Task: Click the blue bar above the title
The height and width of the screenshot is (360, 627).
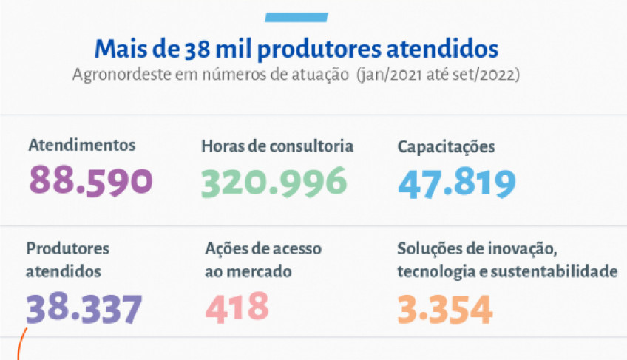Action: coord(296,17)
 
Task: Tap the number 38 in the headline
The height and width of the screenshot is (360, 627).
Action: coord(195,50)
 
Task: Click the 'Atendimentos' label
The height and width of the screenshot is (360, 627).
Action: coord(81,145)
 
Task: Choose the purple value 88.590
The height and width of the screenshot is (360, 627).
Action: coord(90,180)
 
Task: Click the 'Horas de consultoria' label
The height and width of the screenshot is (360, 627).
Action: coord(277,146)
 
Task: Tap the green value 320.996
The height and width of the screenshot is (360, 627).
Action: coord(274,181)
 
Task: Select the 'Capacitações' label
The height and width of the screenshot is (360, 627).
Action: coord(446,146)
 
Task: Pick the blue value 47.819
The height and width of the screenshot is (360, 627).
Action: coord(456,183)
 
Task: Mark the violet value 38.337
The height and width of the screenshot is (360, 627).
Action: coord(84,309)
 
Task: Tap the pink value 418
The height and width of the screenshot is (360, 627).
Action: coord(237,307)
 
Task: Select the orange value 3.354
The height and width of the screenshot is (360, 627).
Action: coord(444,309)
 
